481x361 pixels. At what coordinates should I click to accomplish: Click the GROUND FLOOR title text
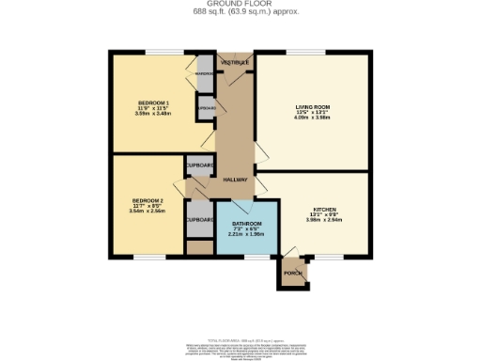[240, 4]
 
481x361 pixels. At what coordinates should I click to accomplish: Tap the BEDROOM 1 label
[154, 102]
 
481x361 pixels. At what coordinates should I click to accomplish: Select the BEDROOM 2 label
[147, 200]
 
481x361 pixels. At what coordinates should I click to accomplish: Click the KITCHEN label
[325, 209]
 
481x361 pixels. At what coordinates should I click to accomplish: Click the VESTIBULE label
[234, 62]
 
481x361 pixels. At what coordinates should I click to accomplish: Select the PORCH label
[293, 274]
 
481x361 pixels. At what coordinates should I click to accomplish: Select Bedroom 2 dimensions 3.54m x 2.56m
[147, 212]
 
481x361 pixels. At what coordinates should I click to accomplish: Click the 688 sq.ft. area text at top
[240, 11]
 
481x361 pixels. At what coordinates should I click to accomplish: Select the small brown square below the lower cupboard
[199, 247]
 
